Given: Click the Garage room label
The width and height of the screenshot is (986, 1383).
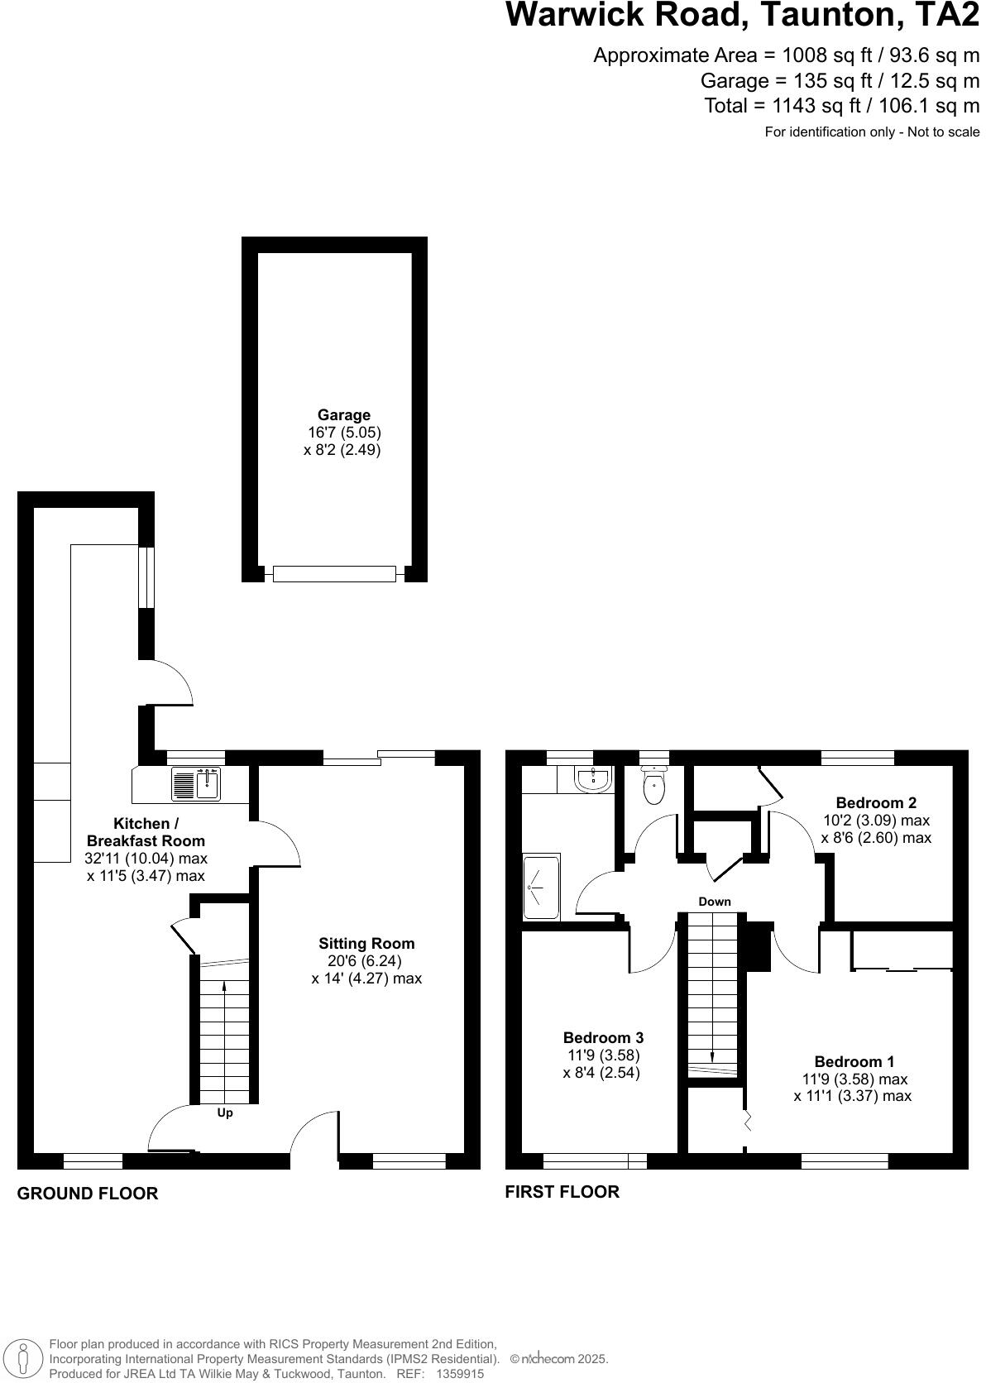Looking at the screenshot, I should click(344, 415).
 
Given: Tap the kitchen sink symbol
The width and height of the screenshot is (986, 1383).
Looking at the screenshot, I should click(196, 784).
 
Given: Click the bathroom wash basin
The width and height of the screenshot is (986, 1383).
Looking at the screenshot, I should click(592, 779).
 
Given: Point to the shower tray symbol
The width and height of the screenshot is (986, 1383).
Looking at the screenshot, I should click(542, 887).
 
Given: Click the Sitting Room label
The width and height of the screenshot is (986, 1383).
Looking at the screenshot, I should click(366, 943).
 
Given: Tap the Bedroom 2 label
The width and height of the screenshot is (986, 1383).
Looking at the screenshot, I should click(876, 802).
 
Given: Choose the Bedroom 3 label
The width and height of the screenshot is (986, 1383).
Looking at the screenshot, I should click(603, 1037).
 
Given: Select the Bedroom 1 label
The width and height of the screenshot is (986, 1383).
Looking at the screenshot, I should click(854, 1061).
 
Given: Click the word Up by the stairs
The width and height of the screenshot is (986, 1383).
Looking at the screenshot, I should click(225, 1113).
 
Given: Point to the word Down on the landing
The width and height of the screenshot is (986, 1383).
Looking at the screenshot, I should click(715, 902).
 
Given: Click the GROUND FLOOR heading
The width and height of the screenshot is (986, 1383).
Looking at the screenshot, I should click(88, 1194).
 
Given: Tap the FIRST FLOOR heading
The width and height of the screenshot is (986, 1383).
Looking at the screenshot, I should click(562, 1192).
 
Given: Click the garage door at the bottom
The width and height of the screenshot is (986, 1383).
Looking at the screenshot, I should click(334, 574).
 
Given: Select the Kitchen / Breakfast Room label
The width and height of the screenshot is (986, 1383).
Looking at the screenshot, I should click(146, 832).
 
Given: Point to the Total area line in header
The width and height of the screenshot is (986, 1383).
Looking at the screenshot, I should click(841, 106).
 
